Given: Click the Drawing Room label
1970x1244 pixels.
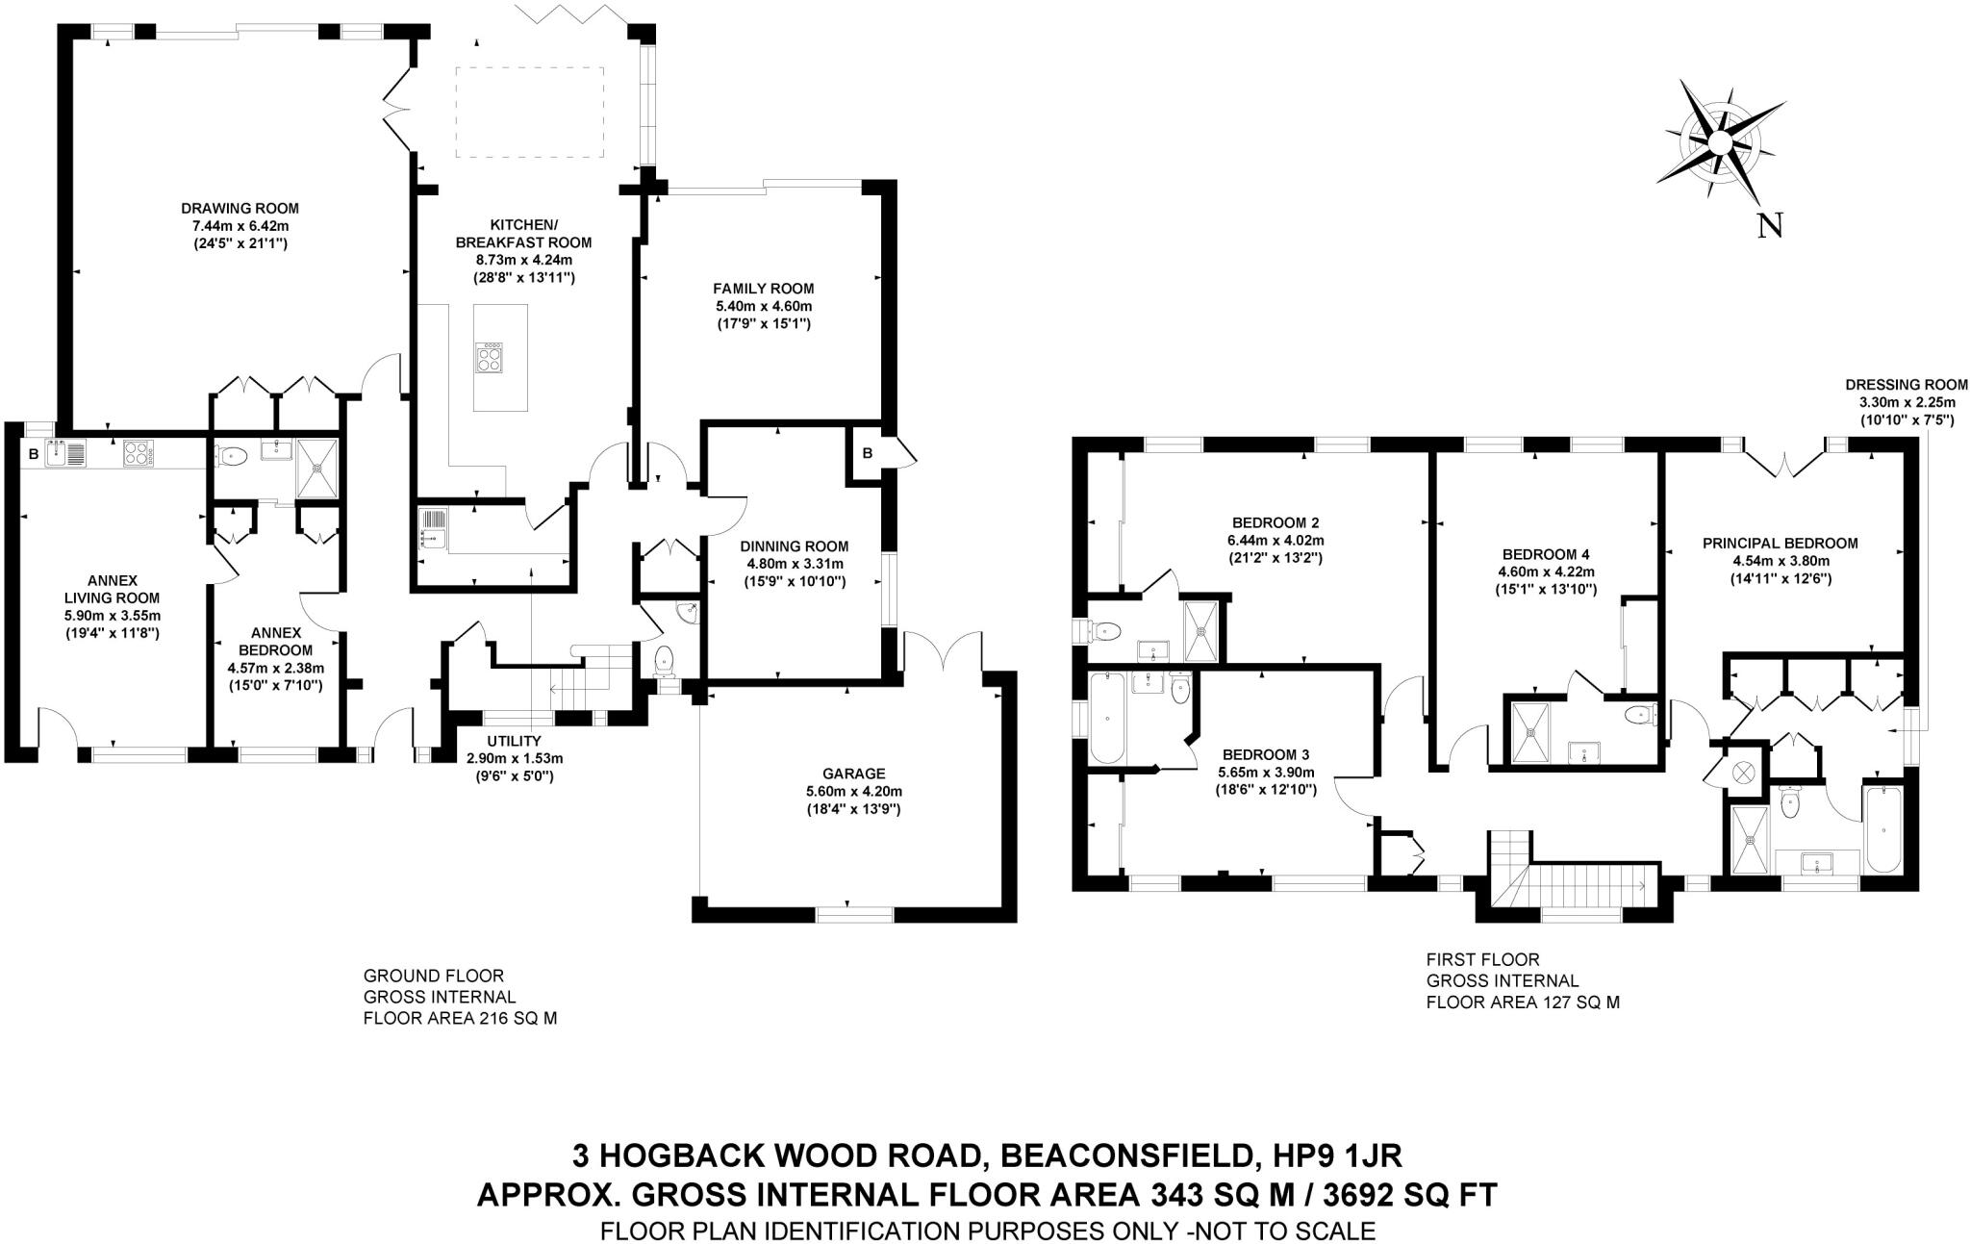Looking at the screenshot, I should tap(240, 208).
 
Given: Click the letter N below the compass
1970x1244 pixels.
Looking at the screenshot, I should tap(1769, 226).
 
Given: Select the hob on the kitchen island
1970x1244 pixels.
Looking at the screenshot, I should tap(489, 358).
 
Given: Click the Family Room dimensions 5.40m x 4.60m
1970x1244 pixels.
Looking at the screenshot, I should tap(763, 306).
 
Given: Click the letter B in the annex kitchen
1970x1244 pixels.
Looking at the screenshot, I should tap(34, 454).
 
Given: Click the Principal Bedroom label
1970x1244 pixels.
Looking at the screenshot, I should tap(1780, 543).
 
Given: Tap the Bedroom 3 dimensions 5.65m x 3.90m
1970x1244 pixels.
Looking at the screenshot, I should tap(1265, 773).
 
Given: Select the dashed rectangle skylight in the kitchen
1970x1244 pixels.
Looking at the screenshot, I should tap(529, 113).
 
